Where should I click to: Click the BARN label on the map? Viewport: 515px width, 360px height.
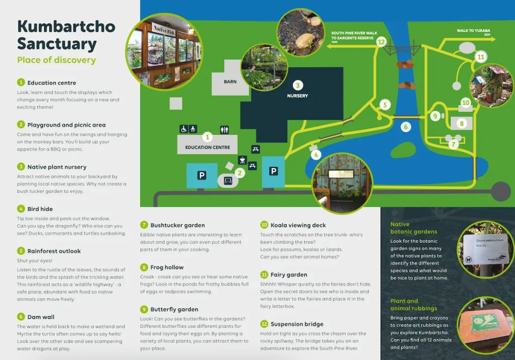tap(230, 81)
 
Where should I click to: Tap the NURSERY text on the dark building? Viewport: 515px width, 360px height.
tap(297, 96)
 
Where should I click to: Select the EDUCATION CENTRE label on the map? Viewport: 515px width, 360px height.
tap(207, 147)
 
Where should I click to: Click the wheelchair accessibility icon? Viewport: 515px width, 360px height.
tap(184, 129)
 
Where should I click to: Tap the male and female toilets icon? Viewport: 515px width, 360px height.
tap(224, 129)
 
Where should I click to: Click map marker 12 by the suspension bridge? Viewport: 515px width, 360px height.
tap(381, 42)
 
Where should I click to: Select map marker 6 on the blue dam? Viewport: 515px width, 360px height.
tap(405, 127)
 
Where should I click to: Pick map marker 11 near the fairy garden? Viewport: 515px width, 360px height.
tap(481, 57)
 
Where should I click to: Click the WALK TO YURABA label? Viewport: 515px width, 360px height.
tap(473, 31)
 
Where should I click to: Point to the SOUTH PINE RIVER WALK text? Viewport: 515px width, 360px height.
tap(354, 34)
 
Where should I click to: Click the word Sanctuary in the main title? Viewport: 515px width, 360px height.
tap(56, 44)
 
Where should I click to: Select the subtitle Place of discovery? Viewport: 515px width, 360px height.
tap(56, 60)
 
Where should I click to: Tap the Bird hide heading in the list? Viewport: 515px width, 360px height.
tap(40, 209)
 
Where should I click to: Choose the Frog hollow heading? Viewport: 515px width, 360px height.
tap(167, 267)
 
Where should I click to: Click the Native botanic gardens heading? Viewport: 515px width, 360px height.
tap(413, 228)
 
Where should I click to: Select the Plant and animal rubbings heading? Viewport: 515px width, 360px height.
tap(413, 305)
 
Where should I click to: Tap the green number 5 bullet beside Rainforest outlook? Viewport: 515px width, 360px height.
tap(21, 251)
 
